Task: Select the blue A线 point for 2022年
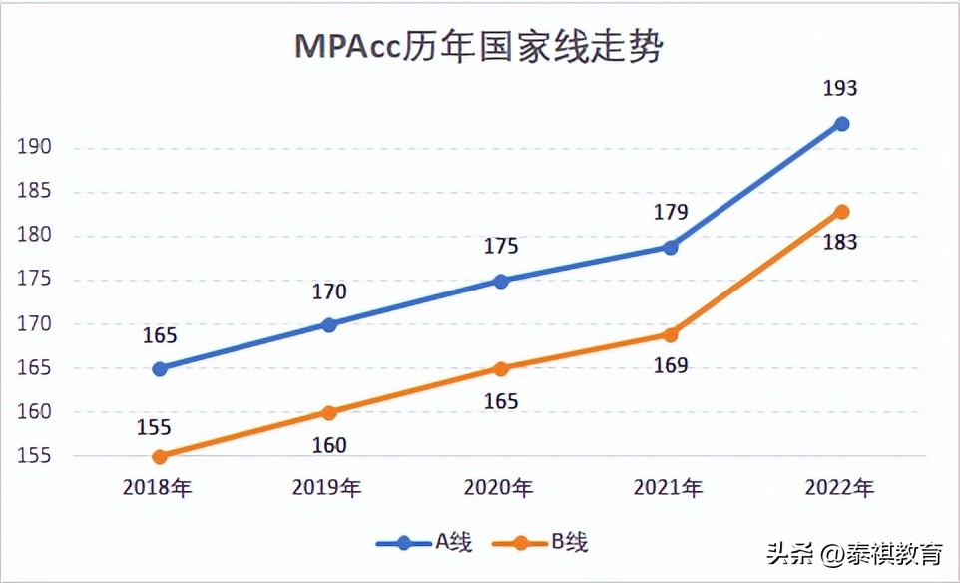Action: pyautogui.click(x=841, y=124)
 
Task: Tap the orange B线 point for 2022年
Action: pyautogui.click(x=841, y=212)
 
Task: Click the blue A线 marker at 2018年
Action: pyautogui.click(x=160, y=368)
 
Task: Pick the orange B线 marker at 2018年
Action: pyautogui.click(x=160, y=456)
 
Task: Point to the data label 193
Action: pyautogui.click(x=840, y=89)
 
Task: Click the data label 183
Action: pyautogui.click(x=840, y=243)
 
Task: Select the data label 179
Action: pyautogui.click(x=671, y=212)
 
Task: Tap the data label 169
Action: pyautogui.click(x=671, y=365)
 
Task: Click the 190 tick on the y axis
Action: pyautogui.click(x=34, y=148)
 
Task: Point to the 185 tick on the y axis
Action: pyautogui.click(x=34, y=192)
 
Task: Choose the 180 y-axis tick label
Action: pyautogui.click(x=34, y=236)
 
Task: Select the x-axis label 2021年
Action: pyautogui.click(x=669, y=488)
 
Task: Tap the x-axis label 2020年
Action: pyautogui.click(x=499, y=488)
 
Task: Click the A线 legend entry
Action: pyautogui.click(x=424, y=543)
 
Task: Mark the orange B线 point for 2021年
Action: pyautogui.click(x=671, y=334)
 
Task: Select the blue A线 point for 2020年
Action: pyautogui.click(x=501, y=281)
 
